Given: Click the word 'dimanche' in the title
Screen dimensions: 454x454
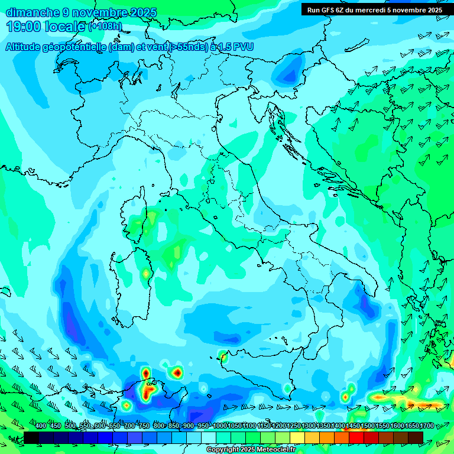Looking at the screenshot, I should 33,12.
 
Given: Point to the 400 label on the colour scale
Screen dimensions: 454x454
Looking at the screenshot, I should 41,426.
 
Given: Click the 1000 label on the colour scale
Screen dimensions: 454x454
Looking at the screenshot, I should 220,426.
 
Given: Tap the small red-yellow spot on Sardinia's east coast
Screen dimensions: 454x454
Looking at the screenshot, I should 145,274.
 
